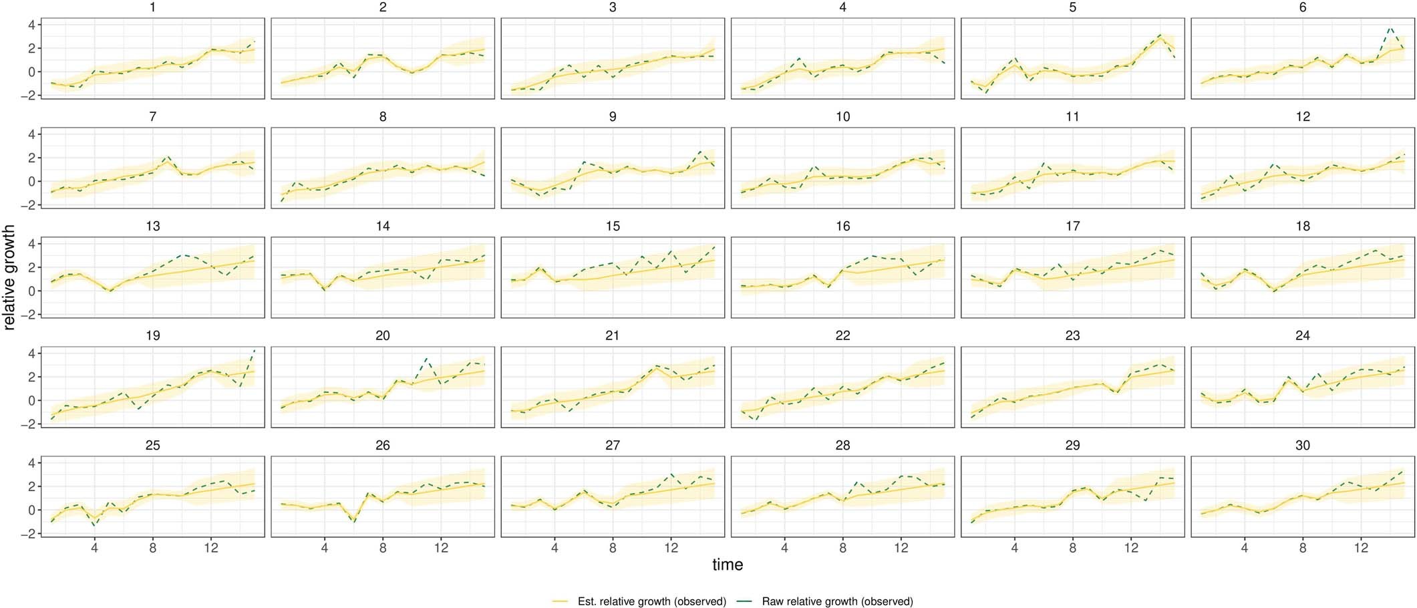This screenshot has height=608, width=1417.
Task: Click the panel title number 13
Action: [152, 226]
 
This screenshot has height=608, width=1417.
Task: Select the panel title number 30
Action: [1302, 446]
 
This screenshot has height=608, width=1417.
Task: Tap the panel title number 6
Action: [1302, 7]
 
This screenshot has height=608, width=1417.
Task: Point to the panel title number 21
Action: [612, 336]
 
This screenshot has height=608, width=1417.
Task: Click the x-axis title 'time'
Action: [727, 565]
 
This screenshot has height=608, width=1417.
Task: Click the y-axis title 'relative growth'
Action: [9, 277]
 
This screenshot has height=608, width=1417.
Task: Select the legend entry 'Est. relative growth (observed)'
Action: [651, 601]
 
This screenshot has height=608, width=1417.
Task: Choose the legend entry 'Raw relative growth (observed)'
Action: [837, 601]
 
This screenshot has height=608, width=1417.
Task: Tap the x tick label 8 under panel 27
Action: [613, 549]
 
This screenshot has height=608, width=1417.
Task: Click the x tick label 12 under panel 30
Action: [1361, 549]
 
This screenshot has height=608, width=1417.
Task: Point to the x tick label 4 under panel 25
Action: [94, 549]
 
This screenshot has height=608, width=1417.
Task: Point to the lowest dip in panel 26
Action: [353, 522]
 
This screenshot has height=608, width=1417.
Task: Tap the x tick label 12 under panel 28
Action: [901, 549]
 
